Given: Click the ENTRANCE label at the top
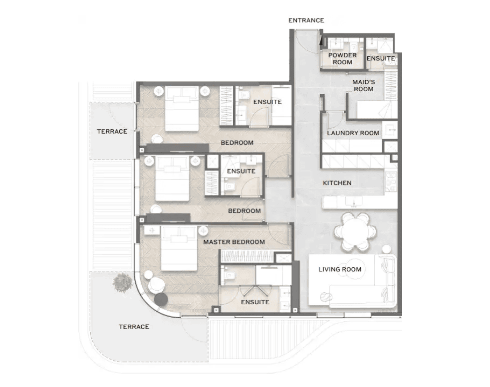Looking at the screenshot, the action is [x=306, y=20].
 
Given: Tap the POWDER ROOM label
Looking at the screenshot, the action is [x=342, y=59].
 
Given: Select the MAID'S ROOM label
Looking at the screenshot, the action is [x=363, y=86].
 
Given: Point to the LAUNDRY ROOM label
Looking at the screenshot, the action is [x=353, y=133].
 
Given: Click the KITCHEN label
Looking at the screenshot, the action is [x=337, y=183].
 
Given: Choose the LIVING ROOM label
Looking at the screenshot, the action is [x=340, y=269].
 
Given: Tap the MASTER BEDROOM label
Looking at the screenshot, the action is [x=234, y=242].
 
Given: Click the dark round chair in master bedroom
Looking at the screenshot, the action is [x=161, y=299].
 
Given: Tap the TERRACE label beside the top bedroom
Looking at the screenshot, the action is [x=112, y=132].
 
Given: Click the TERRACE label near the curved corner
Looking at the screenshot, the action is [x=134, y=327].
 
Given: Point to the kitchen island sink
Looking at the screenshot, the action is [x=354, y=201].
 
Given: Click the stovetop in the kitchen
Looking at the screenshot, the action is [x=391, y=182].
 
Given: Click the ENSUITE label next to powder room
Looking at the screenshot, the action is [x=381, y=59].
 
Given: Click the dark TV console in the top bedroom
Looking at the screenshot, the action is [x=177, y=148].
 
